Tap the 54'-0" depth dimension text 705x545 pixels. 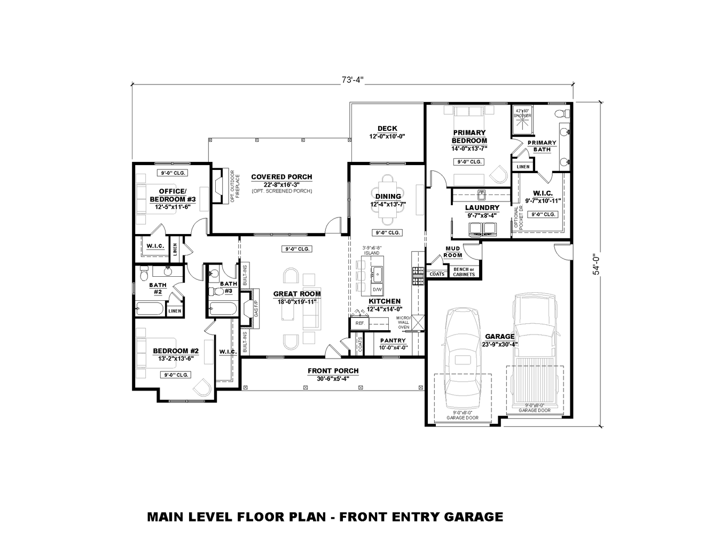595,263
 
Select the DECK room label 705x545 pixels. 387,128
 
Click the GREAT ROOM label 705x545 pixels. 297,294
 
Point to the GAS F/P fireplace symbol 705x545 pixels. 248,308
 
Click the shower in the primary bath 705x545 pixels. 522,121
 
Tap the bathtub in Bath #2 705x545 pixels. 149,309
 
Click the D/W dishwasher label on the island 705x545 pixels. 377,289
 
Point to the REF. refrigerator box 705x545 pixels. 359,323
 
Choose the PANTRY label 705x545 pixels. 393,340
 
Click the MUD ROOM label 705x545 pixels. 453,252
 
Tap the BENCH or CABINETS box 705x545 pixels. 464,271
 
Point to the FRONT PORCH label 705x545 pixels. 333,371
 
